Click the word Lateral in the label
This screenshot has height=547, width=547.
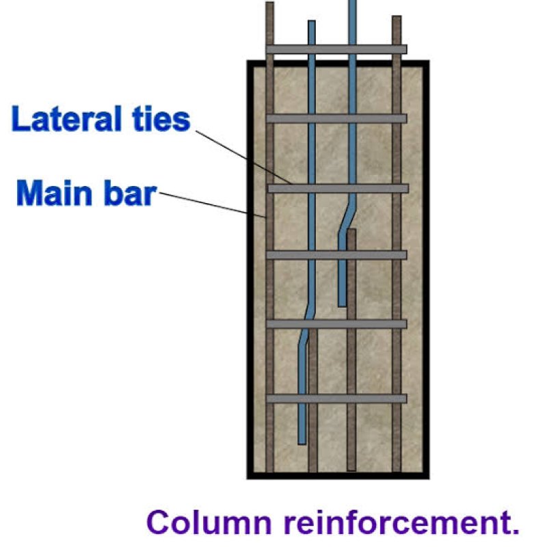tap(63, 120)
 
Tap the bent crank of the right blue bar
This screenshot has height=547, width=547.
tap(347, 217)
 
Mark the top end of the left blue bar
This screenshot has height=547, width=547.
tap(311, 24)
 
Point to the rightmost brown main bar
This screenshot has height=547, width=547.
tap(397, 273)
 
